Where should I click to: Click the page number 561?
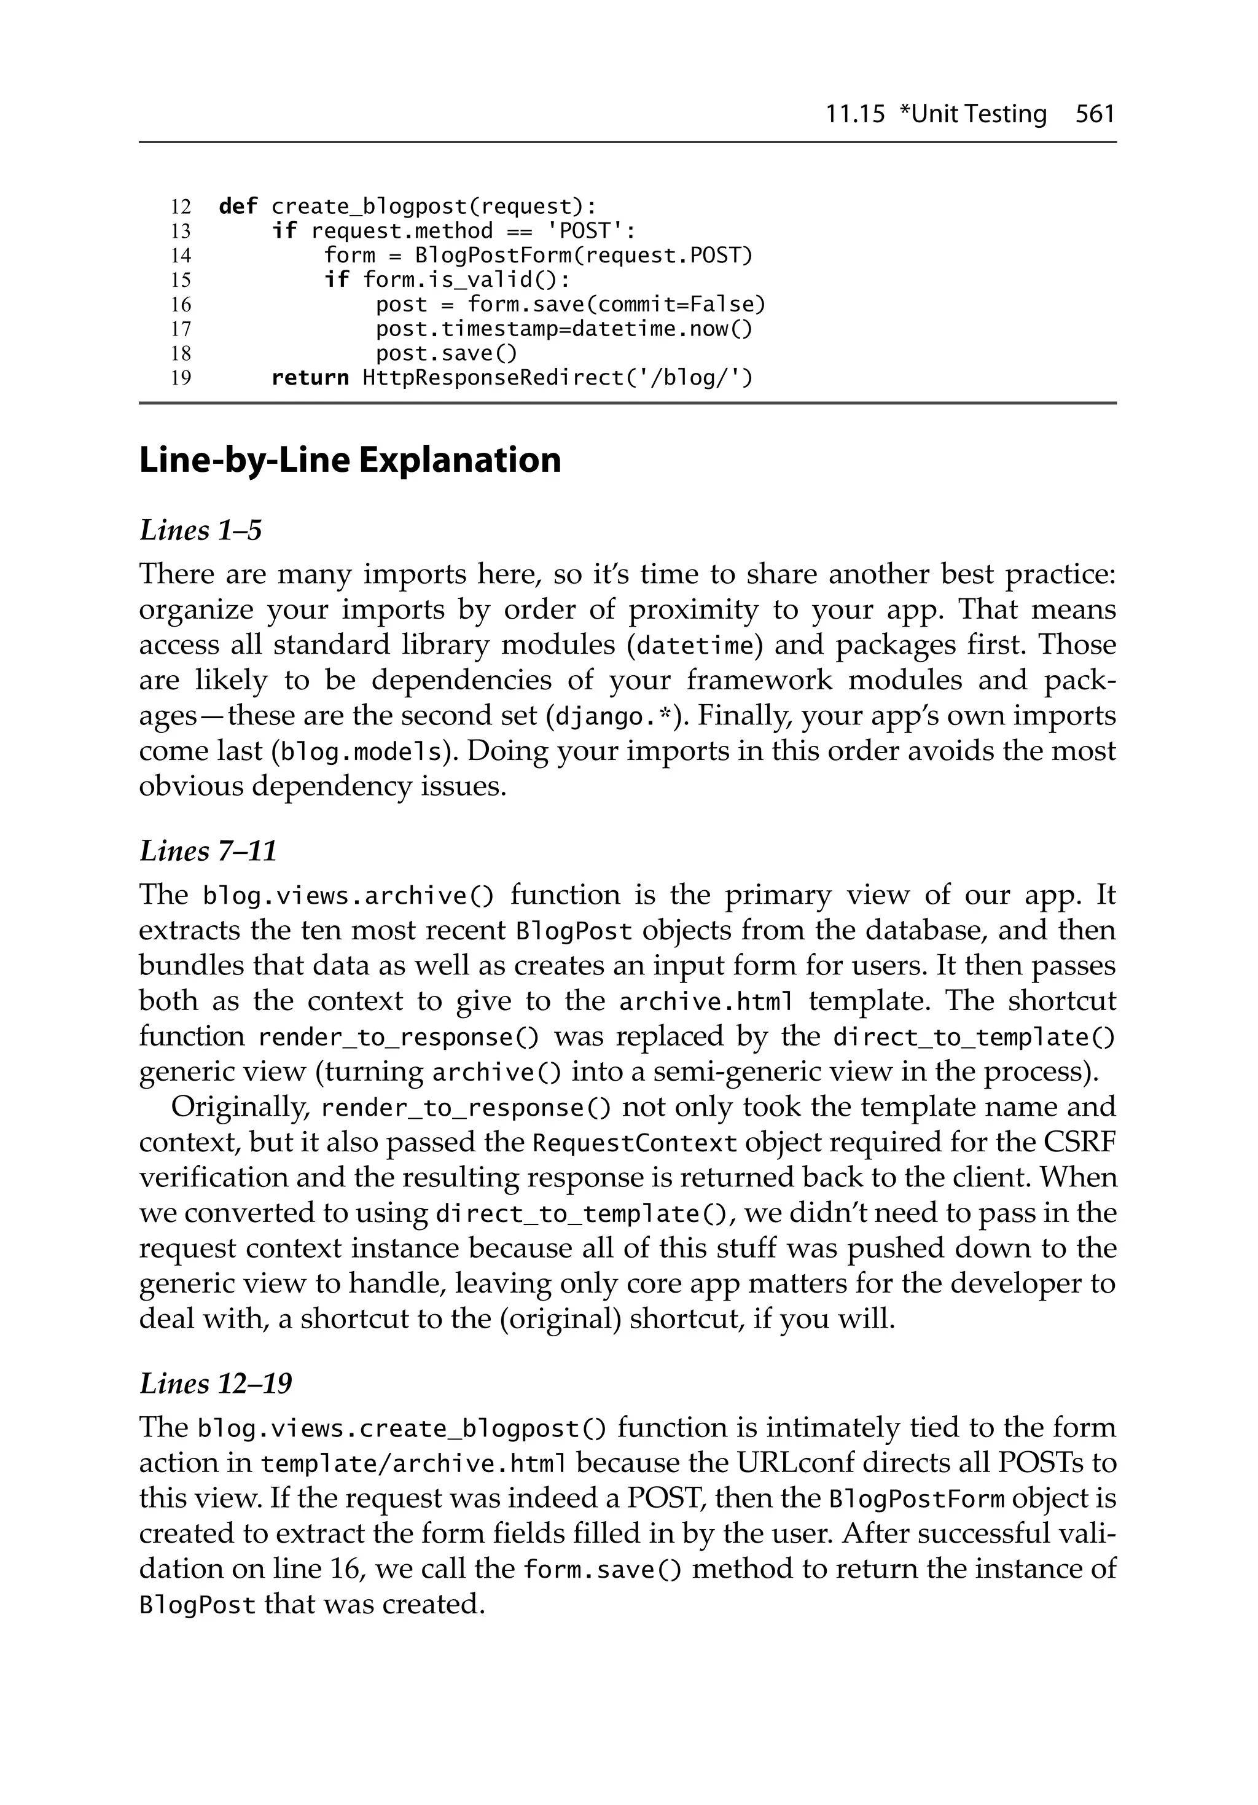[x=1095, y=115]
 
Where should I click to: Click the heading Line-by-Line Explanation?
[x=350, y=460]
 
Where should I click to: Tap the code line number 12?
[x=181, y=207]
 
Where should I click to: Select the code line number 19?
[x=181, y=378]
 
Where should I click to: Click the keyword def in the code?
[x=238, y=207]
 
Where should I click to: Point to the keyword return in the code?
[x=310, y=378]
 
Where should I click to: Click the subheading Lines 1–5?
[x=200, y=531]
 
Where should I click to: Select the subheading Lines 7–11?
[x=208, y=852]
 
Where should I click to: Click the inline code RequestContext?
[x=635, y=1143]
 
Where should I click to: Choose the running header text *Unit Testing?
[x=972, y=115]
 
